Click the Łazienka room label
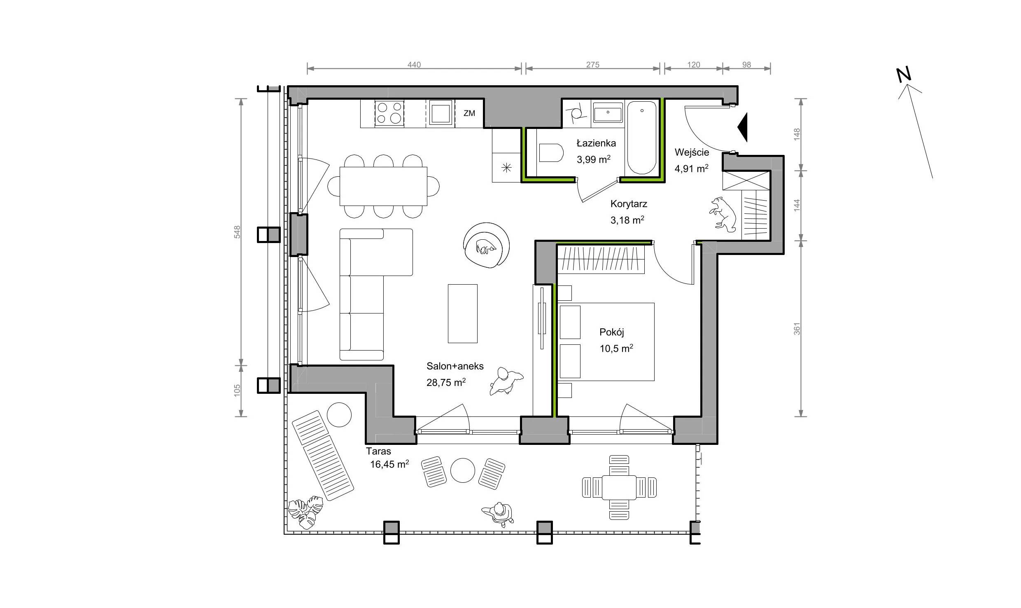pyautogui.click(x=596, y=143)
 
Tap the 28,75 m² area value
pyautogui.click(x=446, y=383)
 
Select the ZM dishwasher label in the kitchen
pyautogui.click(x=469, y=113)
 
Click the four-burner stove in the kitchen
pyautogui.click(x=389, y=113)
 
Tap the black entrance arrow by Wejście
pyautogui.click(x=742, y=128)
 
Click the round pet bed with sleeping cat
pyautogui.click(x=486, y=246)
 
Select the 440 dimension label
pyautogui.click(x=414, y=65)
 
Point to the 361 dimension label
pyautogui.click(x=797, y=328)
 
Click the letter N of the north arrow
pyautogui.click(x=904, y=75)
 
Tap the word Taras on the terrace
pyautogui.click(x=378, y=451)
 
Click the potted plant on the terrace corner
pyautogui.click(x=305, y=512)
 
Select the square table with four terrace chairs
pyautogui.click(x=619, y=488)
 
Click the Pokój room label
pyautogui.click(x=612, y=332)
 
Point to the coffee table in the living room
pyautogui.click(x=463, y=313)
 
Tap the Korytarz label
pyautogui.click(x=629, y=204)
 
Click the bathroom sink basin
pyautogui.click(x=608, y=112)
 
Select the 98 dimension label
pyautogui.click(x=746, y=65)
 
